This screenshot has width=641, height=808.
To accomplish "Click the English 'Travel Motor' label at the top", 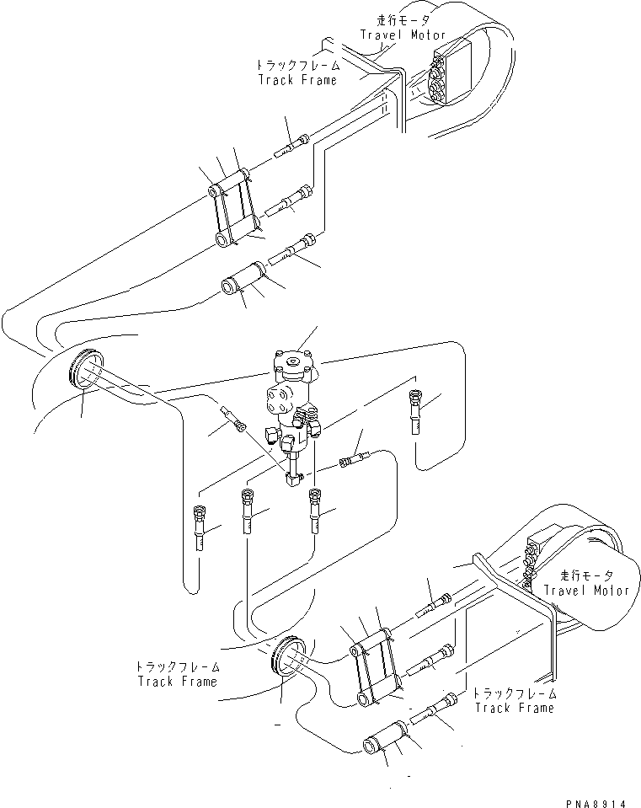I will (403, 35).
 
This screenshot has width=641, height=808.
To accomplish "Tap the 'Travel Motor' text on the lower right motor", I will (586, 590).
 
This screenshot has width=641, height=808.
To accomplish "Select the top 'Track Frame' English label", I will (297, 79).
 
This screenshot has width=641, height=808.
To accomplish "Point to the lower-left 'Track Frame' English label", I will (178, 681).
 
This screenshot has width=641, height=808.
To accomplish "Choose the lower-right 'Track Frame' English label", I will (514, 708).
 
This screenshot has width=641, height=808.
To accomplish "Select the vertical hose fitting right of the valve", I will (414, 411).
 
